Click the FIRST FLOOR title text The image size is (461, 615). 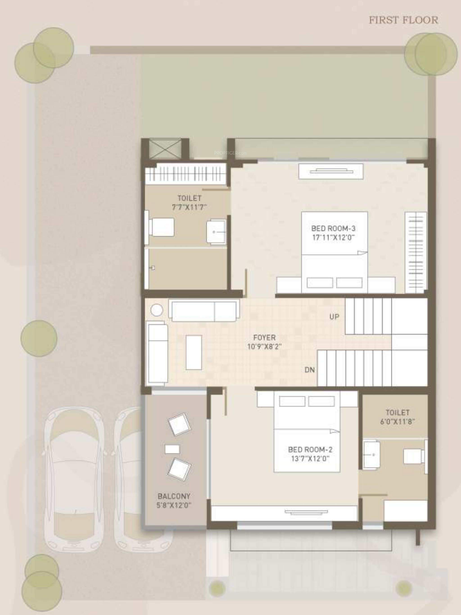click(404, 20)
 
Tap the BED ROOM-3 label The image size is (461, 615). click(333, 229)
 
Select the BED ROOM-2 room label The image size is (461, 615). click(310, 450)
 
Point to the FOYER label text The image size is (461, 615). click(264, 337)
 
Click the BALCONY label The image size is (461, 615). click(174, 496)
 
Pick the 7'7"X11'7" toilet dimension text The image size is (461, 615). click(189, 207)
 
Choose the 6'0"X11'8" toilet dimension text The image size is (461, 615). click(398, 422)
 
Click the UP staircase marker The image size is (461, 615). click(334, 317)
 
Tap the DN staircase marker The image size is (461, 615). click(310, 370)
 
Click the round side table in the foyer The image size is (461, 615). click(156, 310)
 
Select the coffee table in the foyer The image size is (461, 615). click(194, 352)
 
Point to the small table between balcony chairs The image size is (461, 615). click(172, 449)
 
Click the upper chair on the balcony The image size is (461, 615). click(179, 424)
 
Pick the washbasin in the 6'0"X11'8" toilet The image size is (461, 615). click(372, 455)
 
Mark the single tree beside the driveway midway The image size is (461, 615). click(39, 338)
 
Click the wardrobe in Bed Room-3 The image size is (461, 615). click(416, 252)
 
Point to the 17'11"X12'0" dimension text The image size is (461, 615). click(333, 237)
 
